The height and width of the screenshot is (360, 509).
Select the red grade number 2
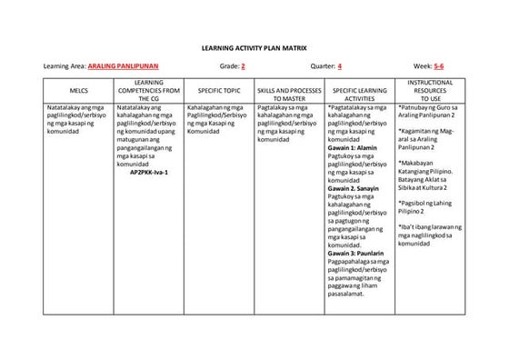[x=243, y=66]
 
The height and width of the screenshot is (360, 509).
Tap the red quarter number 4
[x=339, y=66]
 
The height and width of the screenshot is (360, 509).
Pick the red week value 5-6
[x=439, y=66]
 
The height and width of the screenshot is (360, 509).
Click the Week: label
[x=422, y=66]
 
